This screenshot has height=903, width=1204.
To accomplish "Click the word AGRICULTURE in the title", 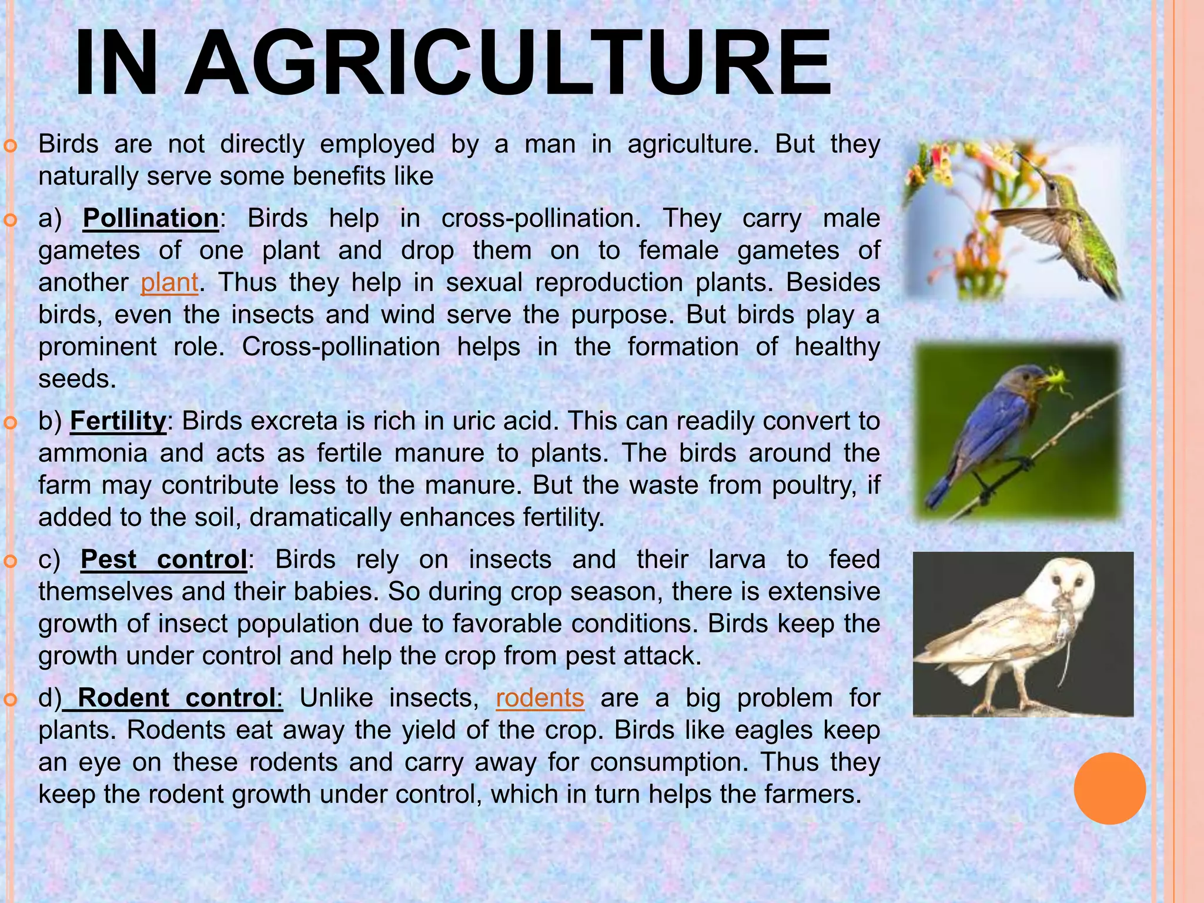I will click(509, 63).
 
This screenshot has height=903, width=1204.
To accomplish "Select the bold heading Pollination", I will click(150, 218).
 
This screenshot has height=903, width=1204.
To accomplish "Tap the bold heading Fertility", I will click(118, 421).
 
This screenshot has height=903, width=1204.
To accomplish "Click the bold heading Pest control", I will click(163, 559).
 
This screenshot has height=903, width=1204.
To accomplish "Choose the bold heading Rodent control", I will click(176, 698).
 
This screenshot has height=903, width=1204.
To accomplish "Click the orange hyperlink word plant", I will click(169, 282).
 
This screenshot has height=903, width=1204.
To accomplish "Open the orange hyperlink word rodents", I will click(540, 698).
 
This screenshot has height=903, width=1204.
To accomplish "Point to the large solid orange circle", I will click(1109, 788).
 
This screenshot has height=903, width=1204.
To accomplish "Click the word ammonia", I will click(93, 453).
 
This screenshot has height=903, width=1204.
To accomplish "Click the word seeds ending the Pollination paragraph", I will click(77, 379).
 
